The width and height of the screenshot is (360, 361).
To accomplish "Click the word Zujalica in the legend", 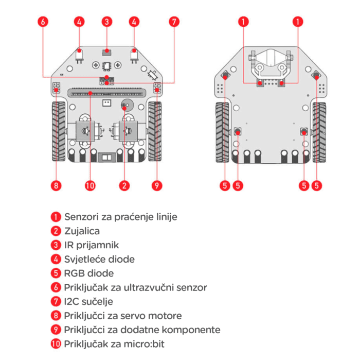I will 82,231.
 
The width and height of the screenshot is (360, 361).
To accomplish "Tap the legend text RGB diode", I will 88,273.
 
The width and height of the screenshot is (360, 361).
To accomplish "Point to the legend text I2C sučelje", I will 88,301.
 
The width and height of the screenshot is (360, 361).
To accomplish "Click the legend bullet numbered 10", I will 56,343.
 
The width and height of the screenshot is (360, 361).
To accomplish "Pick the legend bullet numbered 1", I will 56,216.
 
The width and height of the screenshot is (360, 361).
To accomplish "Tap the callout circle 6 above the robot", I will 42,22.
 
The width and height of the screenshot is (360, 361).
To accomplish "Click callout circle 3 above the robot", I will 106,22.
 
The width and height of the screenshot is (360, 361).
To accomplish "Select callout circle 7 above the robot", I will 174,22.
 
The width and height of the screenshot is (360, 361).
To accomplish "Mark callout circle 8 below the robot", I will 56,184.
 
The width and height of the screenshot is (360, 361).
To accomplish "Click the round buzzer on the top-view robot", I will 125,105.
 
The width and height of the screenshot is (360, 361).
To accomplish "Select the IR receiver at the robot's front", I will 106,51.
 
